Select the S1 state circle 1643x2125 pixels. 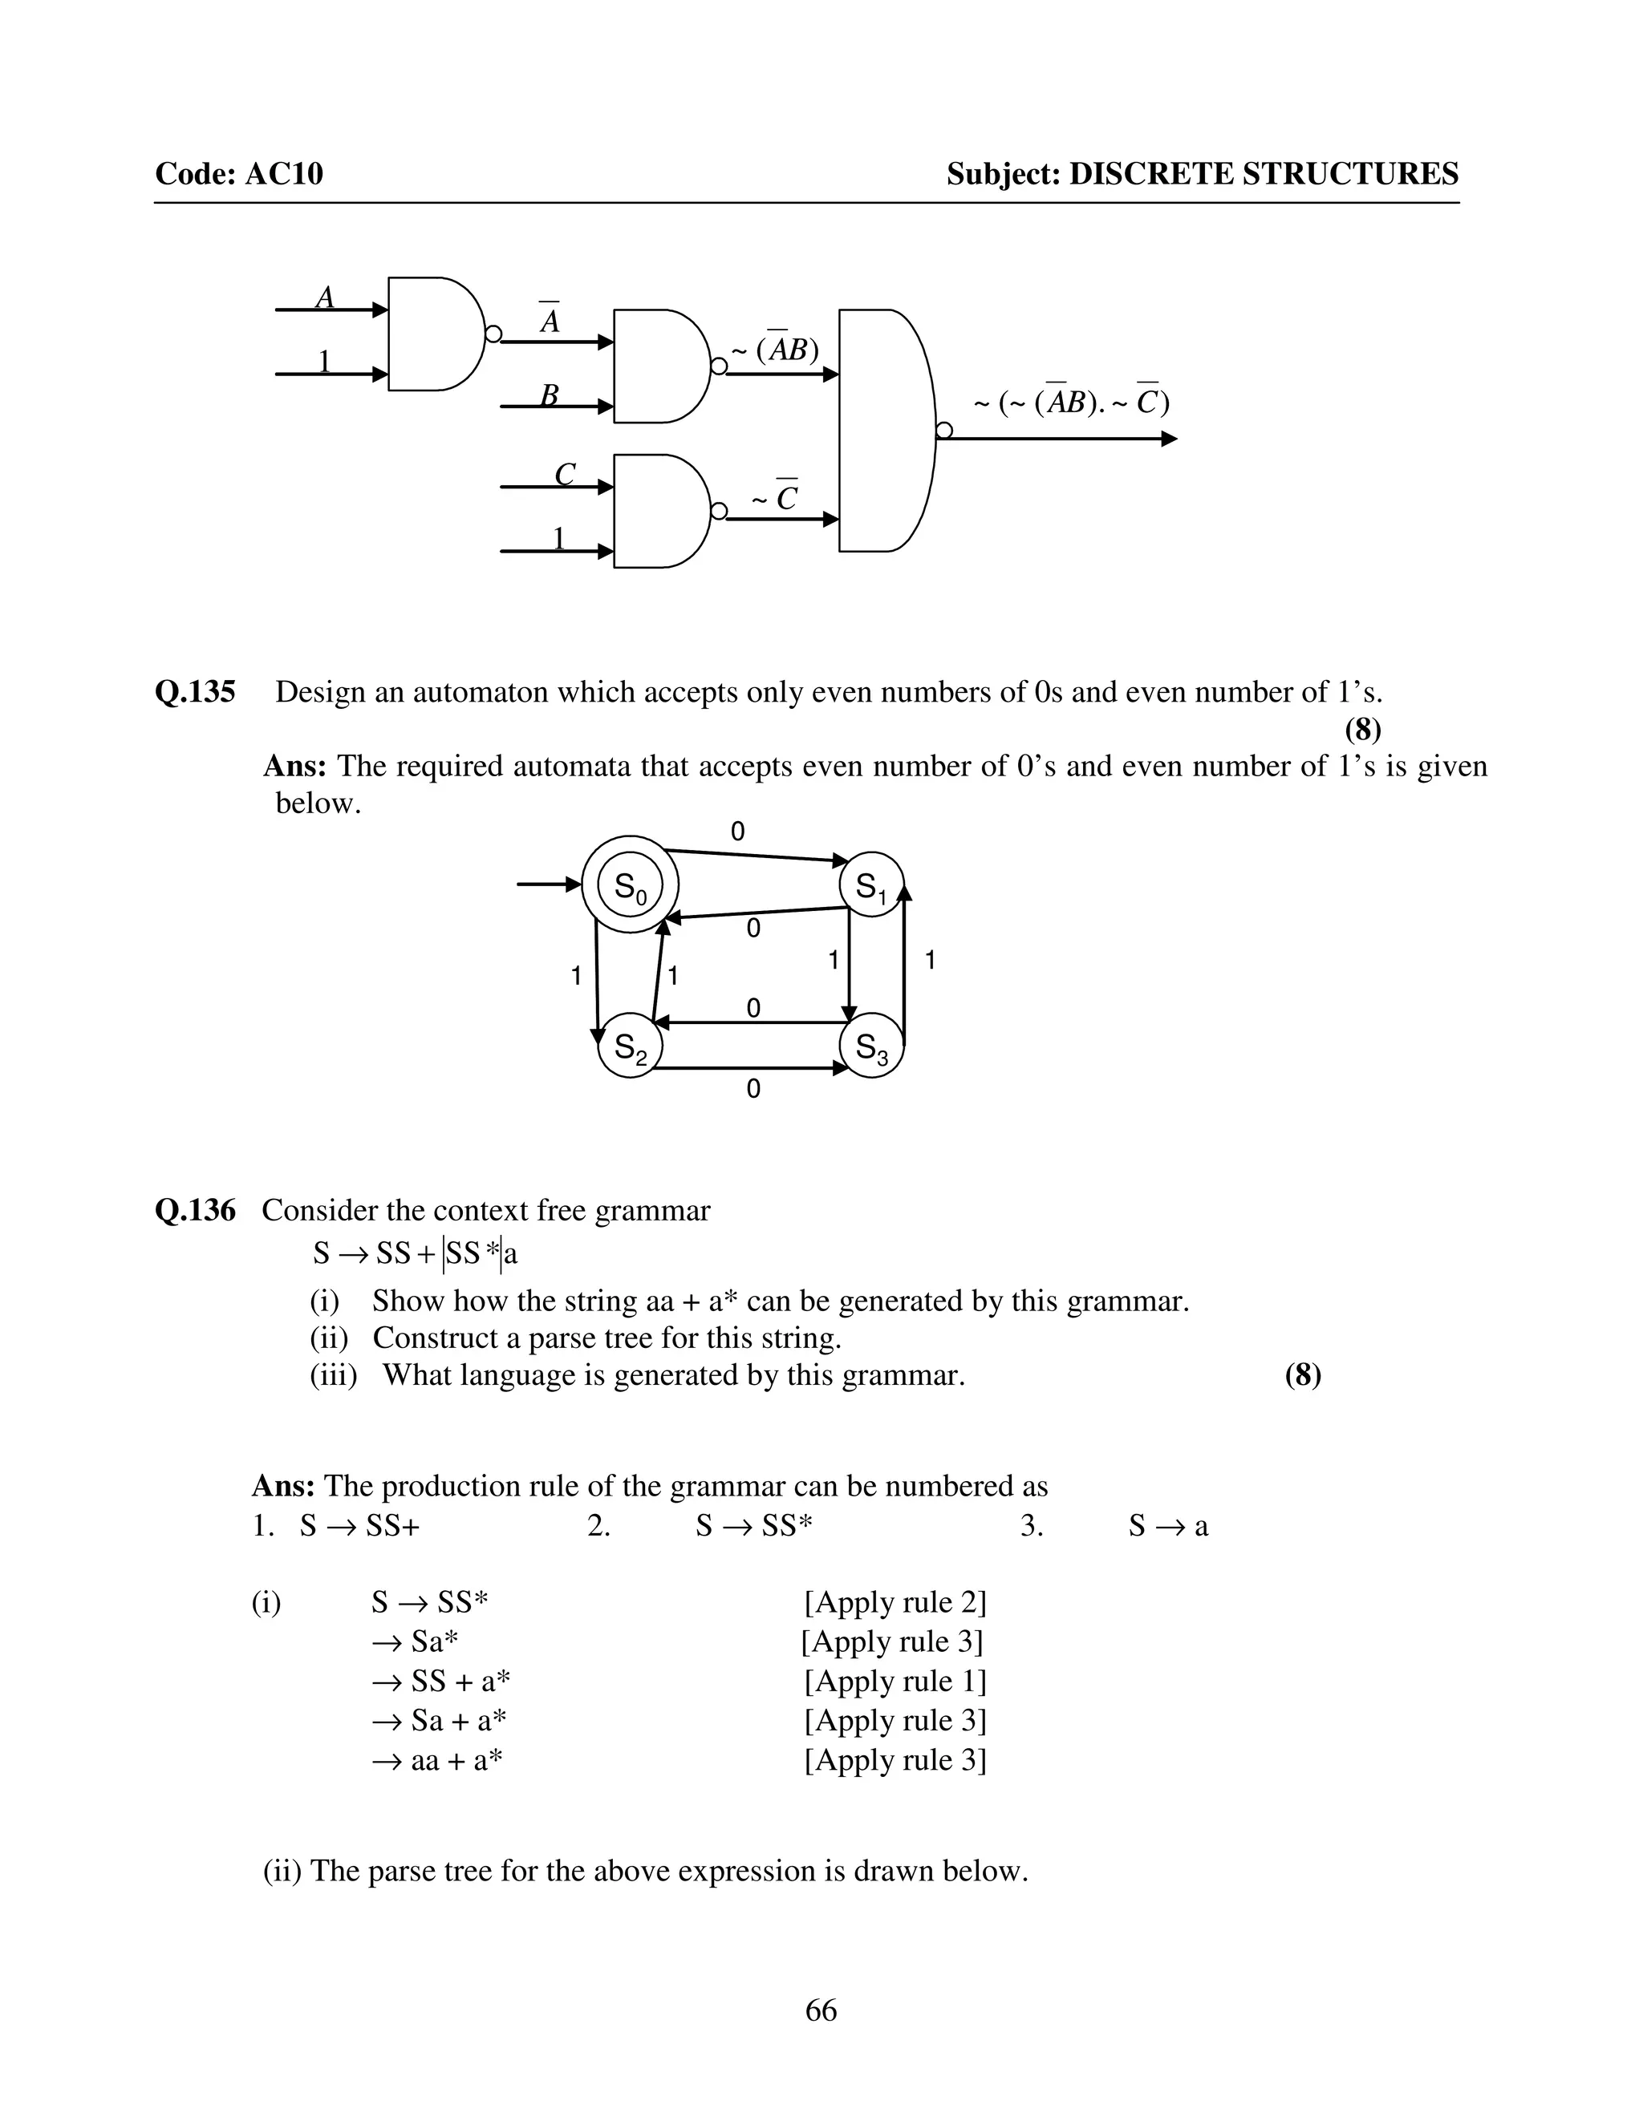click(871, 885)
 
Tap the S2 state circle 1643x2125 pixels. click(630, 1048)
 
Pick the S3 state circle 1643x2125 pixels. click(871, 1048)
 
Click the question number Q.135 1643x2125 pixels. click(195, 693)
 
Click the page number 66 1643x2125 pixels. click(821, 2010)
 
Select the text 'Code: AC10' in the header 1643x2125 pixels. click(238, 174)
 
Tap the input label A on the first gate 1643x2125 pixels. click(325, 297)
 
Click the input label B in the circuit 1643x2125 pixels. click(549, 395)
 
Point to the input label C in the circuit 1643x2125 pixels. click(565, 474)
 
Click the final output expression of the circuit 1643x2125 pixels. click(1072, 402)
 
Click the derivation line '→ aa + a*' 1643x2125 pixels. click(438, 1760)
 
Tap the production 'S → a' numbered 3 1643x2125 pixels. click(1168, 1526)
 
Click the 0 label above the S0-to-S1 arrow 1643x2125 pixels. click(738, 831)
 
